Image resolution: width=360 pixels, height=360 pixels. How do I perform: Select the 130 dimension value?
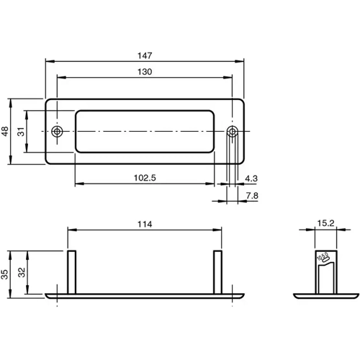point(145,71)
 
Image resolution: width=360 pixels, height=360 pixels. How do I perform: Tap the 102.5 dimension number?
point(146,177)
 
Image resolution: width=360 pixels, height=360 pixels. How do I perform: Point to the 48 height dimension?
point(6,131)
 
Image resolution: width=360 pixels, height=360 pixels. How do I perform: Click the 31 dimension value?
point(21,131)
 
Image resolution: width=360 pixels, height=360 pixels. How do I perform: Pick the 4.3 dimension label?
point(251,177)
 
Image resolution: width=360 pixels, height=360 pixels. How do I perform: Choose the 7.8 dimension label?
point(251,195)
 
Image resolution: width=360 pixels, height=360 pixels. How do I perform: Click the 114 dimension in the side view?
point(145,224)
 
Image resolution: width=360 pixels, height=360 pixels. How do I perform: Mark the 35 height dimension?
point(6,273)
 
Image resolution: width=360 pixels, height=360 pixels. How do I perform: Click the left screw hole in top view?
point(58,131)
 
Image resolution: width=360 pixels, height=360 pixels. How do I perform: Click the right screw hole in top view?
point(232,131)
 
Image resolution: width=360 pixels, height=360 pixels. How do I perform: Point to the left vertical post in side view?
point(71,271)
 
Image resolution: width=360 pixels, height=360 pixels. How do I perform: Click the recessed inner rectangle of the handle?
point(144,131)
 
